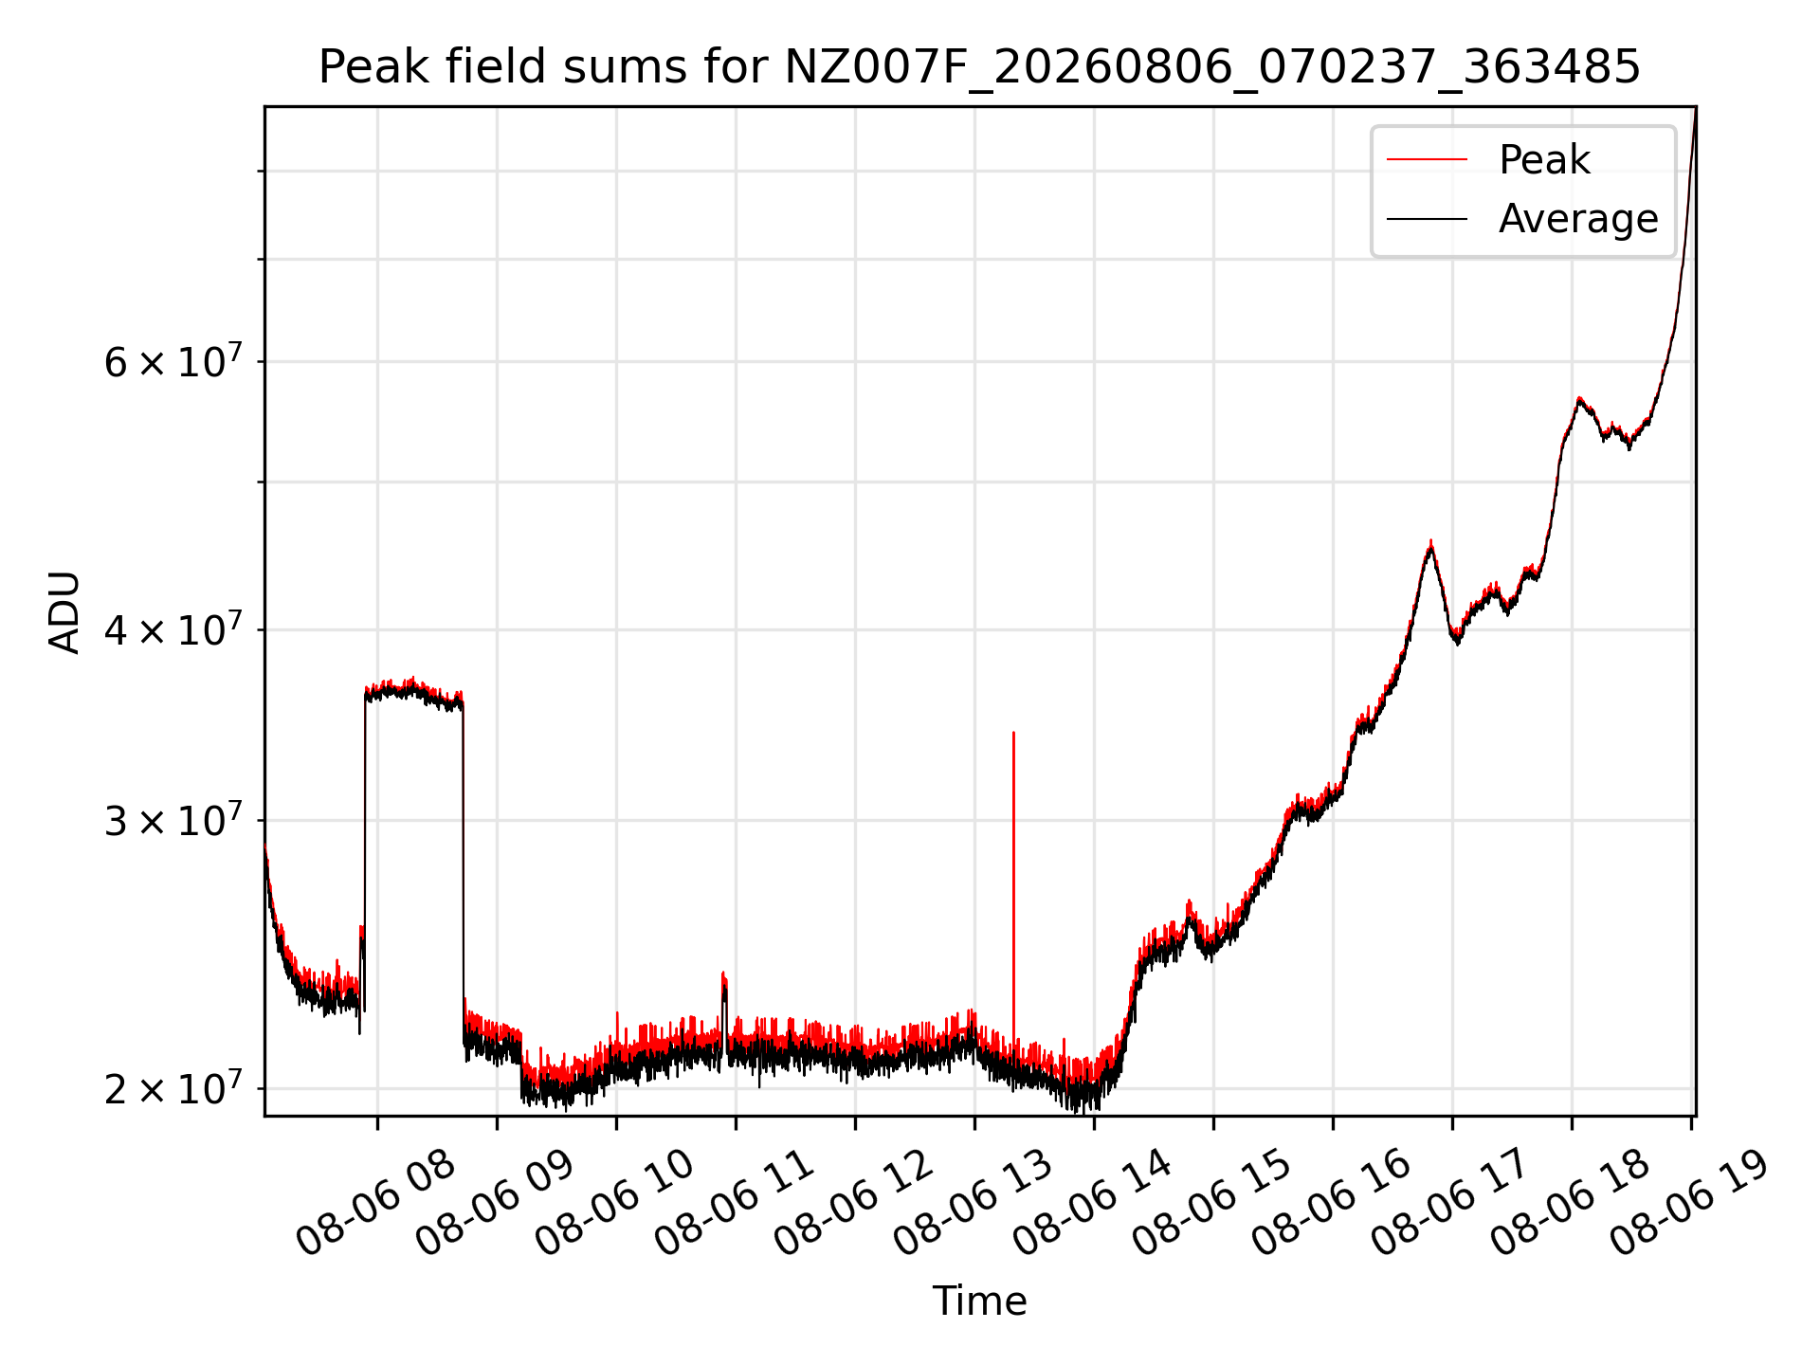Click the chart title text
979,67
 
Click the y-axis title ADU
64,611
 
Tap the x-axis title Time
979,1301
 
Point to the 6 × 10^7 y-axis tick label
173,361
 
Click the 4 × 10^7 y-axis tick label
173,629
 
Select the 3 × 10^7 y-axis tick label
173,820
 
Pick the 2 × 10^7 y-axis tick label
173,1088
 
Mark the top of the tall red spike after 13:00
1013,733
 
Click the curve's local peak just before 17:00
1430,541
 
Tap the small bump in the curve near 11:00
723,974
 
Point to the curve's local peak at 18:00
1579,399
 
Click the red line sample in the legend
1428,160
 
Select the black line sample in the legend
1428,219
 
